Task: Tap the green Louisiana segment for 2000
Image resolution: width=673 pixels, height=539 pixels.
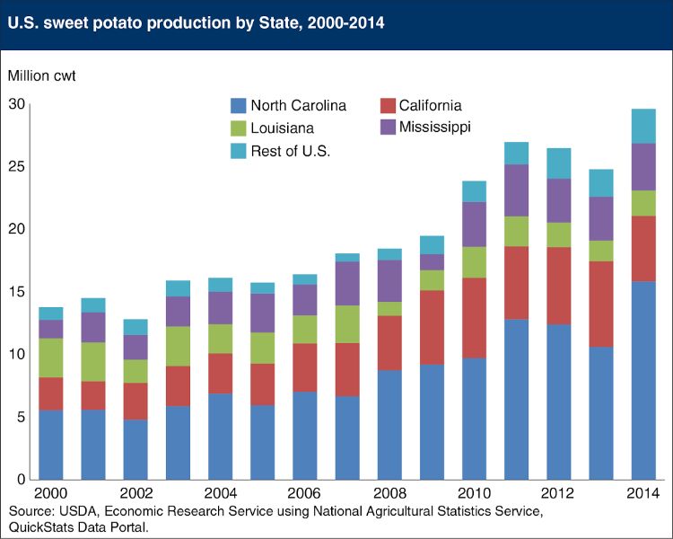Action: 51,358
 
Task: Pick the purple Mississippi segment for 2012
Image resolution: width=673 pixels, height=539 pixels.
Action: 559,200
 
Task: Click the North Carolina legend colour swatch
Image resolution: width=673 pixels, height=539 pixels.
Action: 240,106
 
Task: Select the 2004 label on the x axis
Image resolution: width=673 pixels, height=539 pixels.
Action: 220,495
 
